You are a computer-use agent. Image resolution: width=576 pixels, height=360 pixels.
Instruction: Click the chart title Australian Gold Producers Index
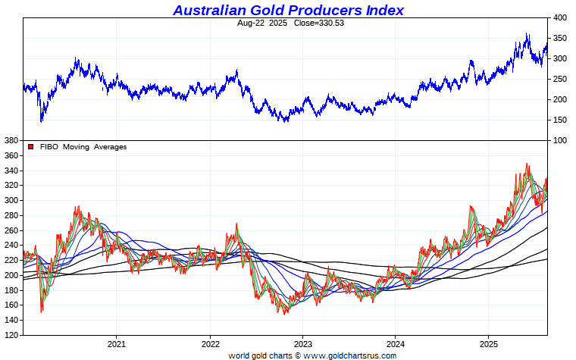(288, 10)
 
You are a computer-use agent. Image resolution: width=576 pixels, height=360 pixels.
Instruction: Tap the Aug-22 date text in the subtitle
(251, 23)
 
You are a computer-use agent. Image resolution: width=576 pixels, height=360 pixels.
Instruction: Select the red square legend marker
(31, 147)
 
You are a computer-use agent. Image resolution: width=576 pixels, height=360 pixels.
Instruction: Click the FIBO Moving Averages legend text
(83, 147)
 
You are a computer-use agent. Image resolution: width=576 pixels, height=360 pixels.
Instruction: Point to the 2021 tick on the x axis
(116, 343)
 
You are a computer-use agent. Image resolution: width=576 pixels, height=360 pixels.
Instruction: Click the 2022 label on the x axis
(209, 343)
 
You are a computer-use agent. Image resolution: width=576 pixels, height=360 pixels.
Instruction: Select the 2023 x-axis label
(302, 343)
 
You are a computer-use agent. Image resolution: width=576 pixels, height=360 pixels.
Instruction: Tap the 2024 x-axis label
(395, 343)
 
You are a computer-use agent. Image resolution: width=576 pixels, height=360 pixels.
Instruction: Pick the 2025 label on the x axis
(488, 343)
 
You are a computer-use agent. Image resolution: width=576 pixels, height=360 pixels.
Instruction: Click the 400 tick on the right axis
(560, 17)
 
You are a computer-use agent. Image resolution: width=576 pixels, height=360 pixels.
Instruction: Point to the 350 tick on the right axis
(560, 38)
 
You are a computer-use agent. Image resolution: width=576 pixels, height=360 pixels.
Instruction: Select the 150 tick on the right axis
(560, 120)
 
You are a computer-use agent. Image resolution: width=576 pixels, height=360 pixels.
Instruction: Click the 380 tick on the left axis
(11, 141)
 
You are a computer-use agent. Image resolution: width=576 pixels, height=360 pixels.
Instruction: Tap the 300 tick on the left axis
(11, 201)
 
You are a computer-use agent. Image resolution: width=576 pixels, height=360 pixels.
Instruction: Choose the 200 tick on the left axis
(11, 275)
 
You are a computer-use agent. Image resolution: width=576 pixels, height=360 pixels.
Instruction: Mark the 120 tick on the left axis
(11, 334)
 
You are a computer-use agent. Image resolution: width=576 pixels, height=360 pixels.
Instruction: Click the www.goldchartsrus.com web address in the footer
(349, 355)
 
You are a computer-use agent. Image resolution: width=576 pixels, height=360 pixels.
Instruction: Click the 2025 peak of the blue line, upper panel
(527, 33)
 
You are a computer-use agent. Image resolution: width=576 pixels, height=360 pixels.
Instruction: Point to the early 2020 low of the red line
(41, 311)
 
